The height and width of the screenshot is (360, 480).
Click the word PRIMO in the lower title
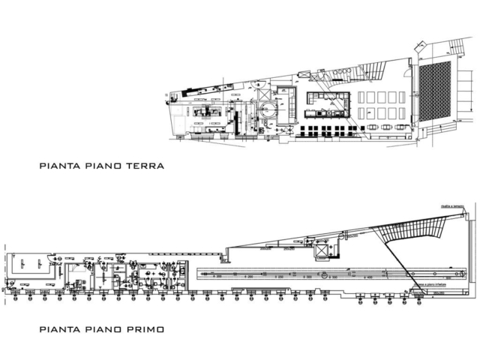(146, 328)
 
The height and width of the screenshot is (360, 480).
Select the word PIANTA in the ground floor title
(58, 165)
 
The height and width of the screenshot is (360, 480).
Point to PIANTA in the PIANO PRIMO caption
(58, 328)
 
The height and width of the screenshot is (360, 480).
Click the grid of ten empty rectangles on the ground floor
(381, 105)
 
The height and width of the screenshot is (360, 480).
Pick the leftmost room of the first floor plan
(30, 266)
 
